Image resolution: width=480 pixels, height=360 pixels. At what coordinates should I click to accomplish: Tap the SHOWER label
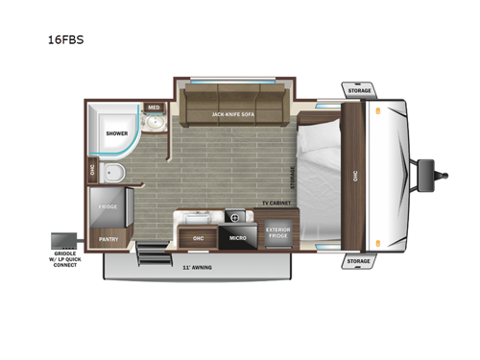pyautogui.click(x=116, y=134)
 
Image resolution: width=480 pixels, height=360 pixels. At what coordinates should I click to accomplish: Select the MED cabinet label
pyautogui.click(x=154, y=108)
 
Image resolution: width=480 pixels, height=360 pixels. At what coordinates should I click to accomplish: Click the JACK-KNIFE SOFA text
pyautogui.click(x=232, y=114)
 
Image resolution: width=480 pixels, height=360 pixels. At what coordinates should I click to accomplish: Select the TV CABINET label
pyautogui.click(x=276, y=204)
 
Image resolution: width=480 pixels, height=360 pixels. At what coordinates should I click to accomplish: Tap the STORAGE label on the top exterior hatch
pyautogui.click(x=359, y=90)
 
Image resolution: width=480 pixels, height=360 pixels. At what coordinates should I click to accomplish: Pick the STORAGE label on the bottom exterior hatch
pyautogui.click(x=358, y=260)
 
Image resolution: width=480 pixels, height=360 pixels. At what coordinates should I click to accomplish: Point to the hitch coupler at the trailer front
pyautogui.click(x=444, y=176)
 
